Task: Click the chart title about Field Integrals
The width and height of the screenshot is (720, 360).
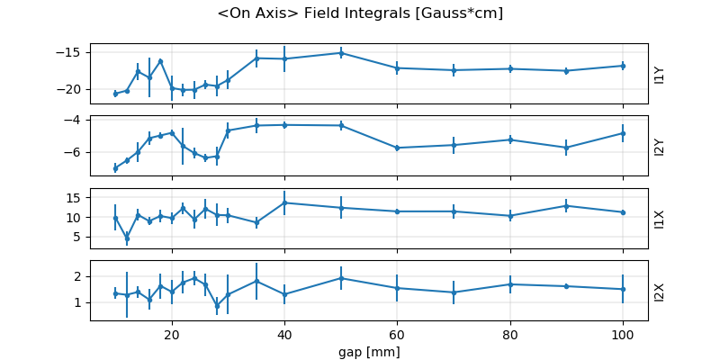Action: click(360, 13)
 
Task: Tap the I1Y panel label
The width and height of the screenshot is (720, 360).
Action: click(660, 74)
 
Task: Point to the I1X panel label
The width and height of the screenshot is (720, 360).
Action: click(660, 218)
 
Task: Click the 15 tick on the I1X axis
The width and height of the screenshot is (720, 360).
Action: click(77, 198)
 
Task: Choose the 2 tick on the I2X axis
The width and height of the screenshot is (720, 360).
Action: click(81, 276)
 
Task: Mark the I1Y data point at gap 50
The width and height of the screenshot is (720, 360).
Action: click(341, 53)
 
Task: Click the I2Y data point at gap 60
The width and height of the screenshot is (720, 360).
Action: click(397, 148)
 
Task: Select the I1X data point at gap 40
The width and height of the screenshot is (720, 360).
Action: click(284, 202)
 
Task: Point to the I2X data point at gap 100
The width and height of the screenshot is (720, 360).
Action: click(623, 289)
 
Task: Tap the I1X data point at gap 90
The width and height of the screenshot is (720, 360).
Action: click(566, 206)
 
